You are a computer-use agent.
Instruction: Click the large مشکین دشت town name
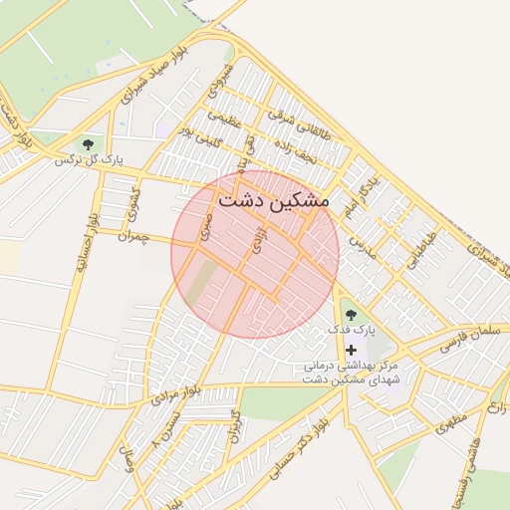(273, 198)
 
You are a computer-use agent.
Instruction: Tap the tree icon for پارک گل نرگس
(89, 145)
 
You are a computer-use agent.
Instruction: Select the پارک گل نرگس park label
(89, 159)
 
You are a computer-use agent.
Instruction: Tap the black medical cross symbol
(351, 350)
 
